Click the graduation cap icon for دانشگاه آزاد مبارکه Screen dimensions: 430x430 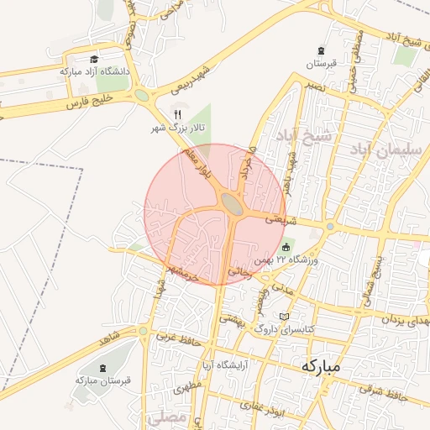(94, 60)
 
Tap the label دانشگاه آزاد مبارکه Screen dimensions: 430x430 (95, 72)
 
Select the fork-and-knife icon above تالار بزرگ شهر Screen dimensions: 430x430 (177, 114)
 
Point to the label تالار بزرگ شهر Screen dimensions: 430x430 (177, 128)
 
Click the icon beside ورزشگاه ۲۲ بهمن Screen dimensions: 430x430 (286, 247)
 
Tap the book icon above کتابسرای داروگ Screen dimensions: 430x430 (285, 317)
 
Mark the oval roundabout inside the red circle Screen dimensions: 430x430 (233, 202)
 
